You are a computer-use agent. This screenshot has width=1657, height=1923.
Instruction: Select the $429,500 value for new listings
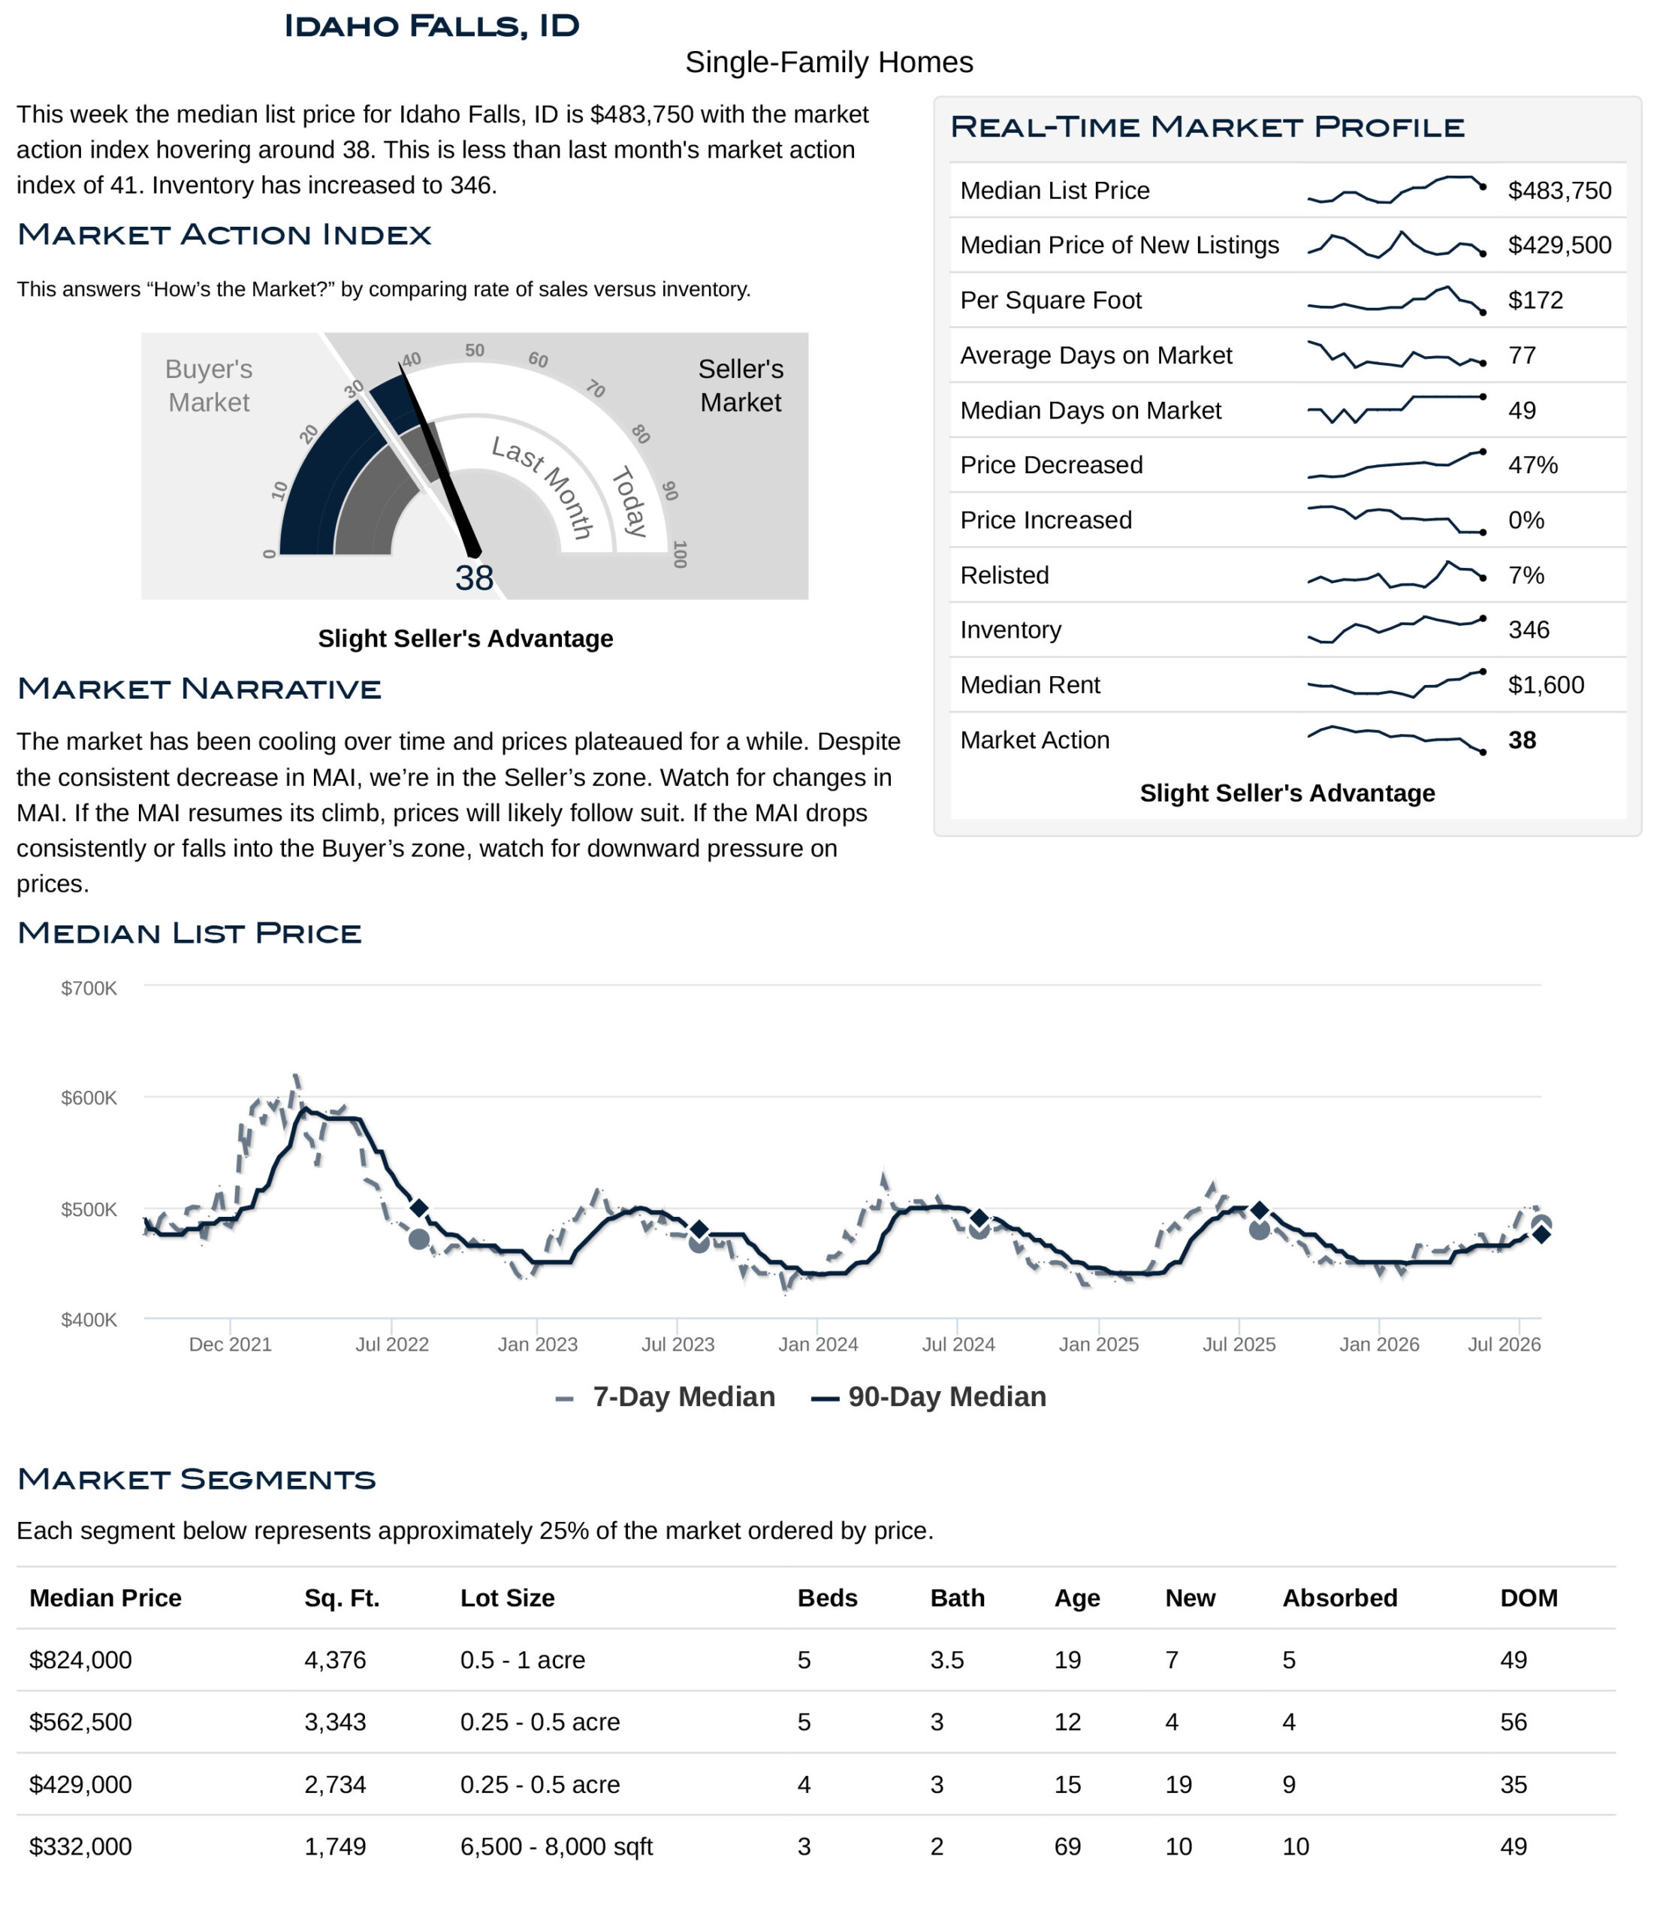[x=1559, y=245]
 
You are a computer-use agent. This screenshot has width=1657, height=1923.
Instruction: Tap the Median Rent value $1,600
[x=1546, y=685]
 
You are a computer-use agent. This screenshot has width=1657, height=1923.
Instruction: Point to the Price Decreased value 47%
[x=1532, y=465]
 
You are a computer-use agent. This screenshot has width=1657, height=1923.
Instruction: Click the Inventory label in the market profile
[x=1010, y=629]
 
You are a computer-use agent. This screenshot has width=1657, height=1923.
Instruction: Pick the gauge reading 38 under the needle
[x=475, y=578]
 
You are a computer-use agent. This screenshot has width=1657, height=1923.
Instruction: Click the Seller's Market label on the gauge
[x=741, y=385]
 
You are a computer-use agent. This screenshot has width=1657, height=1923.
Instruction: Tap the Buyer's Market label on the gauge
[x=209, y=385]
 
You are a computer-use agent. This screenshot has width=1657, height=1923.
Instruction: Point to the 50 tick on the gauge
[x=475, y=350]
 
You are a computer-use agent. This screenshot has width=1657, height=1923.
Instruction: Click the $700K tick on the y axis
[x=89, y=988]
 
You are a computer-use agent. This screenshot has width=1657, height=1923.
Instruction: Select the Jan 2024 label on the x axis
[x=818, y=1344]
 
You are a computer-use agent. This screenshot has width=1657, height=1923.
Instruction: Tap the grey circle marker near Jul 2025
[x=1259, y=1230]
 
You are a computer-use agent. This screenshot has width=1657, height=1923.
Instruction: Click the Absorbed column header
[x=1339, y=1598]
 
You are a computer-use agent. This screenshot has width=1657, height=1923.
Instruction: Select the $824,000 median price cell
[x=81, y=1660]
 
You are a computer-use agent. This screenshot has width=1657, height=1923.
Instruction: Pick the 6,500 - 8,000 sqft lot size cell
[x=556, y=1847]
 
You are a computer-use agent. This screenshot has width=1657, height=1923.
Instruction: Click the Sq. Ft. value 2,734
[x=335, y=1785]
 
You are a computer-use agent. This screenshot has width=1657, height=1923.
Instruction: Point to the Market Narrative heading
[x=200, y=689]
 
